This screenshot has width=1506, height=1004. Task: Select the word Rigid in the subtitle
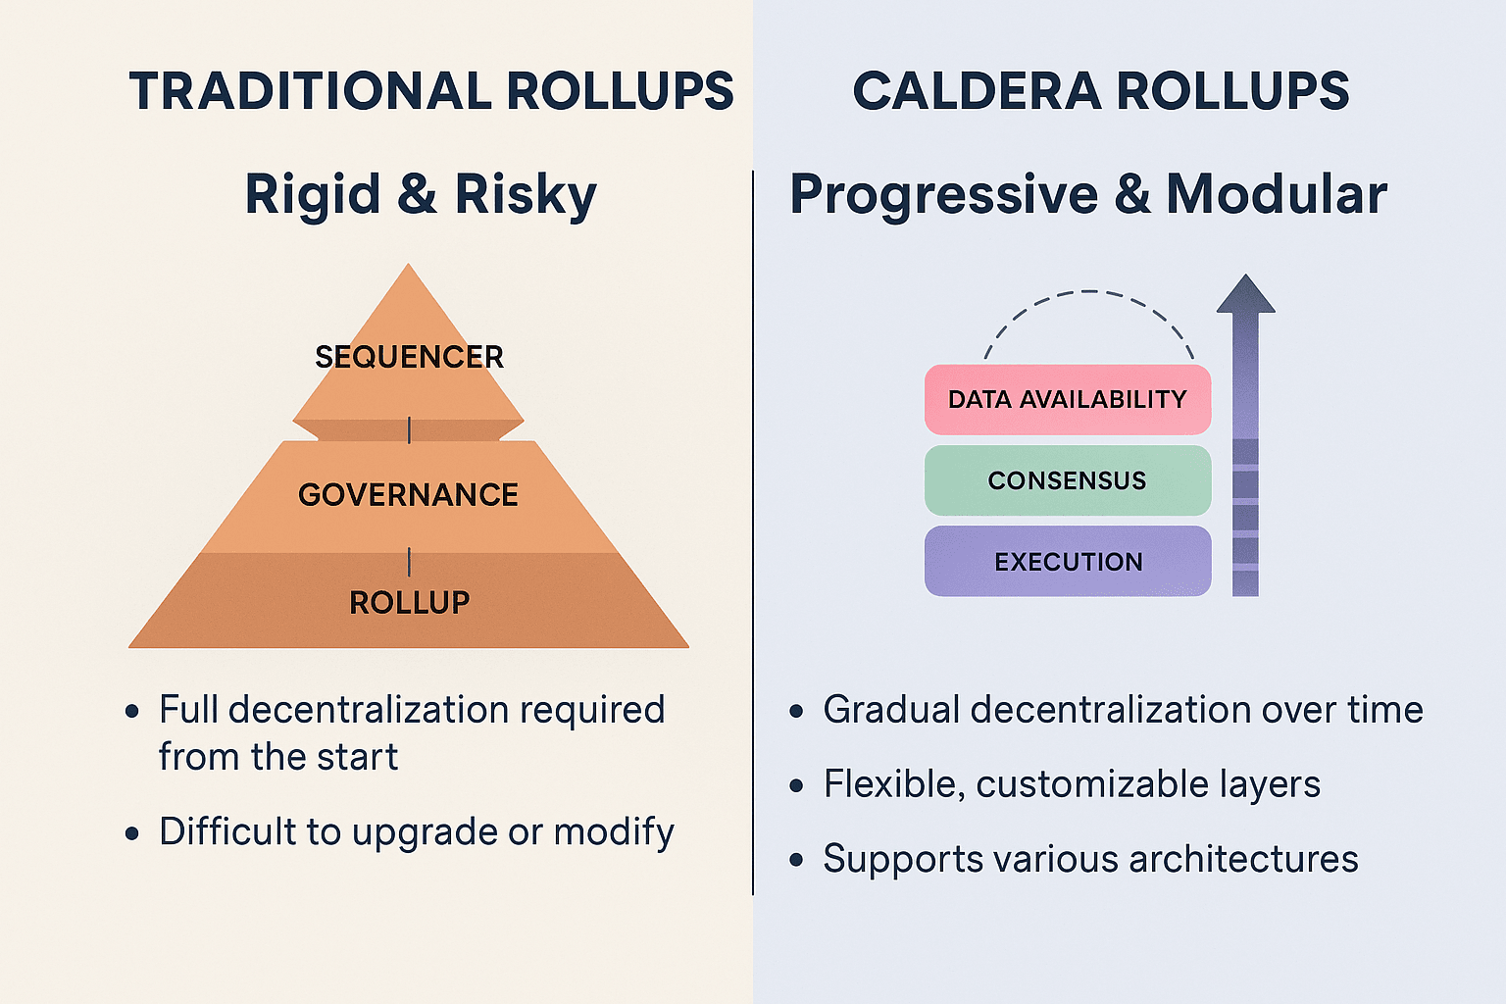pyautogui.click(x=313, y=195)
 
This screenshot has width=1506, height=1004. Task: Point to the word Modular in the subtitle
pyautogui.click(x=1276, y=194)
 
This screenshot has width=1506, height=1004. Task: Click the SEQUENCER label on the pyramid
pyautogui.click(x=410, y=357)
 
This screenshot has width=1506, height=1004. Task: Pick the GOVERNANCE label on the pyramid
pyautogui.click(x=408, y=495)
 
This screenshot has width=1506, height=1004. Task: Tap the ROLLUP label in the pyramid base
pyautogui.click(x=410, y=603)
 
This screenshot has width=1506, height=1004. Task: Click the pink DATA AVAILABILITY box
pyautogui.click(x=1068, y=399)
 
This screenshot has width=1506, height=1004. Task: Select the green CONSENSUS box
pyautogui.click(x=1068, y=480)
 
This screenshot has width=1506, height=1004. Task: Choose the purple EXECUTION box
pyautogui.click(x=1068, y=561)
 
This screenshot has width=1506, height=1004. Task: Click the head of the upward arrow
pyautogui.click(x=1246, y=294)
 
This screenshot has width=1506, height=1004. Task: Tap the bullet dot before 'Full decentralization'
pyautogui.click(x=132, y=711)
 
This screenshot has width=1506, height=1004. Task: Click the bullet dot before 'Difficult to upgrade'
pyautogui.click(x=132, y=833)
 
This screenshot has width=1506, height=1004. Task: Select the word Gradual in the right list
pyautogui.click(x=891, y=710)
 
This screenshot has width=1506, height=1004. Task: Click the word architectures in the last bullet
pyautogui.click(x=1243, y=859)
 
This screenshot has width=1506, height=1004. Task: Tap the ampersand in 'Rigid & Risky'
pyautogui.click(x=417, y=194)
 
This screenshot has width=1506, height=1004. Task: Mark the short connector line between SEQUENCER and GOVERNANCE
pyautogui.click(x=410, y=429)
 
